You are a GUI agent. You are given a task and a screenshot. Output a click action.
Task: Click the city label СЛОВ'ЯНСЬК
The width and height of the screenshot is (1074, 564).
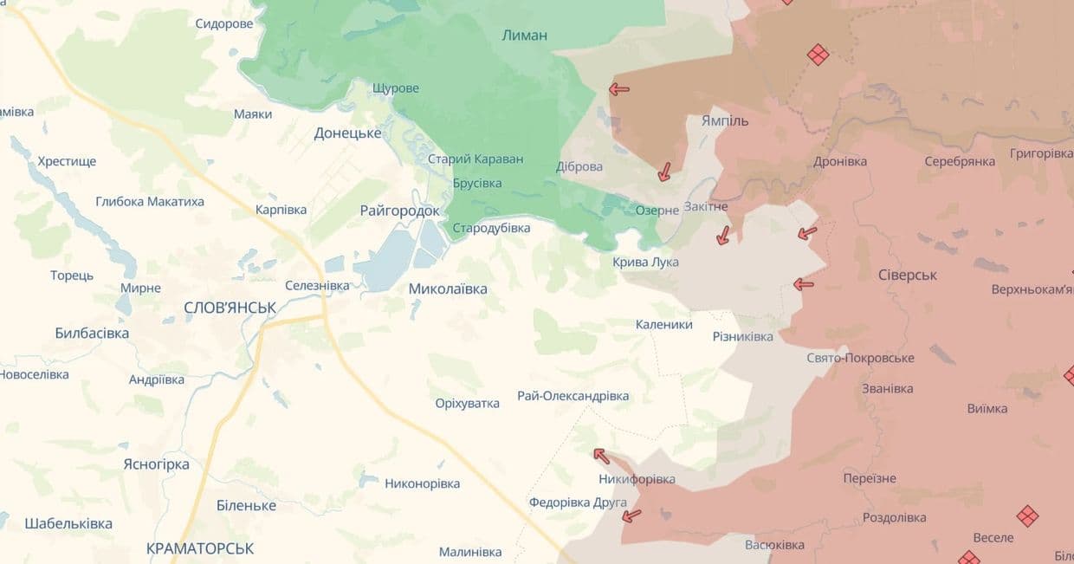click(x=230, y=308)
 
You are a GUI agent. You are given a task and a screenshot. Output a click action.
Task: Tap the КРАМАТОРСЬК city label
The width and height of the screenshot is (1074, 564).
click(x=200, y=548)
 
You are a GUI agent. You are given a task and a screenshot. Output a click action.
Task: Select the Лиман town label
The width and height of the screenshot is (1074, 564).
click(x=524, y=36)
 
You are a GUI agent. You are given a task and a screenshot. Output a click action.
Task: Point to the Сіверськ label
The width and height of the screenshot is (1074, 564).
click(x=908, y=275)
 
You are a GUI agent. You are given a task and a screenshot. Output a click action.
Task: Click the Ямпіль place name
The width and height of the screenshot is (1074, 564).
click(x=725, y=120)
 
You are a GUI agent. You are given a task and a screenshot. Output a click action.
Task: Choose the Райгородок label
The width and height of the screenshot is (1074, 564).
click(x=399, y=211)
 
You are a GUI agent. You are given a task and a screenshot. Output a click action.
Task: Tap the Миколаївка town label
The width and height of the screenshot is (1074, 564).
click(x=448, y=288)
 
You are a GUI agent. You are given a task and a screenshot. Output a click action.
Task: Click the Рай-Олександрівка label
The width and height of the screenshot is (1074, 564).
click(x=573, y=396)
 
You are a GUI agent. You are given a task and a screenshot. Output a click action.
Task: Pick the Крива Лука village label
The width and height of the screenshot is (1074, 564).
click(x=645, y=262)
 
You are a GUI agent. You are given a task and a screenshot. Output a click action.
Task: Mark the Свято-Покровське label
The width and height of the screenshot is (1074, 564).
click(x=860, y=358)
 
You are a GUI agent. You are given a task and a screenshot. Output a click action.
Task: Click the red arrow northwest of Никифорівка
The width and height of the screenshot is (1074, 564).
click(x=601, y=456)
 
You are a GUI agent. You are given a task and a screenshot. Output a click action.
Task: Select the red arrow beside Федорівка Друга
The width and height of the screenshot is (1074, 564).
click(x=632, y=516)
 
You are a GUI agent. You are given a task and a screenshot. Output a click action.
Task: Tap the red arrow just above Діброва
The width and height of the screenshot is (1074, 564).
click(x=618, y=88)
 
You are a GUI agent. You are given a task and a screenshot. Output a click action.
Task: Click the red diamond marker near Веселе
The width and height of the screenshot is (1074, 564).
click(x=1027, y=516)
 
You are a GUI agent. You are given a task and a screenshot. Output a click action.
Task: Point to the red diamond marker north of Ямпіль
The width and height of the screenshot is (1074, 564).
click(x=818, y=55)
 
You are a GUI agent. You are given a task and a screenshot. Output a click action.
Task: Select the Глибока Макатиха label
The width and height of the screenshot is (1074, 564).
click(x=150, y=201)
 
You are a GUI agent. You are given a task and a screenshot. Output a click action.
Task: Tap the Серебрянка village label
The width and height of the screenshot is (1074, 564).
click(x=959, y=161)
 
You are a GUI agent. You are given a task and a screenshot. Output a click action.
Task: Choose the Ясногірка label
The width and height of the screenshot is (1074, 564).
click(x=156, y=464)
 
